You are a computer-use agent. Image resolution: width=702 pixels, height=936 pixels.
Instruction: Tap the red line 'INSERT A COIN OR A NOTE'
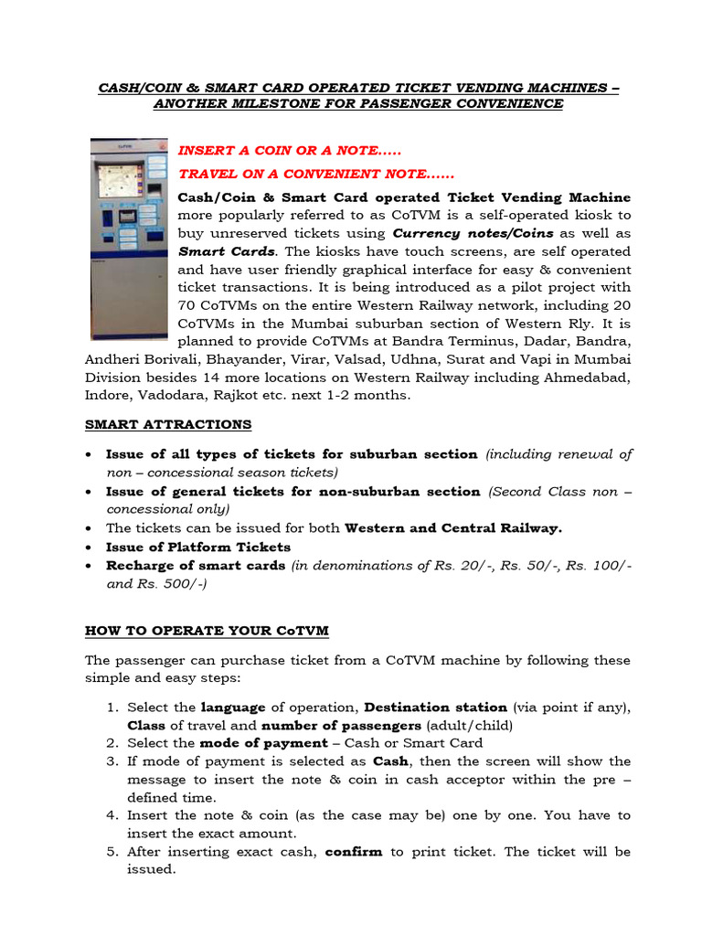pyautogui.click(x=289, y=150)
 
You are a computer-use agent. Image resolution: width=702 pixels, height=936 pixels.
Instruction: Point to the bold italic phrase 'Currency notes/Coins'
pyautogui.click(x=473, y=233)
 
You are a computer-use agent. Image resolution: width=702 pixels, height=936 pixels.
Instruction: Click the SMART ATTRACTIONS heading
pyautogui.click(x=168, y=424)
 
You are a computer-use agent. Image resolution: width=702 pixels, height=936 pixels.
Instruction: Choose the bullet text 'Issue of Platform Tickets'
pyautogui.click(x=198, y=547)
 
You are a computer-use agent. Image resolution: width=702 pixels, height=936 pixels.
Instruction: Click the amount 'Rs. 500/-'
pyautogui.click(x=179, y=583)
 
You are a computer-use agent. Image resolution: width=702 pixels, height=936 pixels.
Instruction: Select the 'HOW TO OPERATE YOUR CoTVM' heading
pyautogui.click(x=207, y=631)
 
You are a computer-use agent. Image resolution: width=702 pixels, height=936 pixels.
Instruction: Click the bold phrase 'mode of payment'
pyautogui.click(x=250, y=743)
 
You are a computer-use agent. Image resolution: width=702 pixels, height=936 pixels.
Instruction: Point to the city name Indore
pyautogui.click(x=108, y=395)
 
